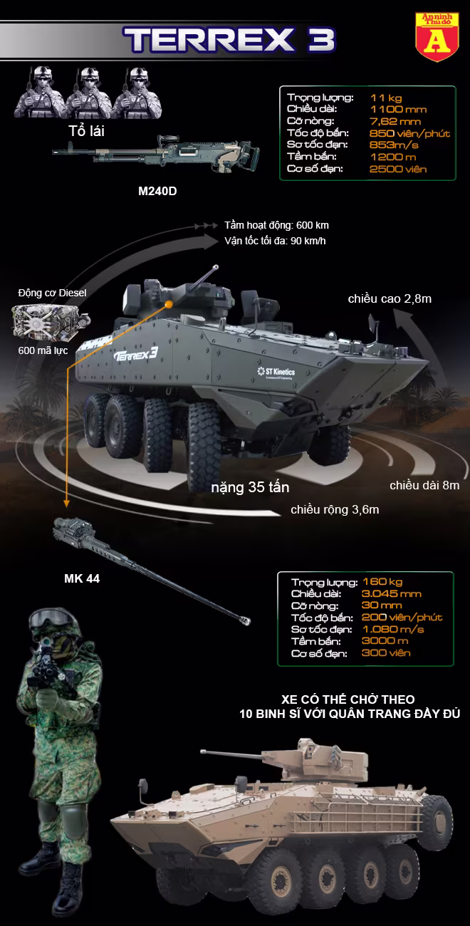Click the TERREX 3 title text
(x=229, y=40)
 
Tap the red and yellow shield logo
(x=437, y=36)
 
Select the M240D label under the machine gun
(x=157, y=191)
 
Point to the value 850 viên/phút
(x=409, y=133)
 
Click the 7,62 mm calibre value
(x=395, y=121)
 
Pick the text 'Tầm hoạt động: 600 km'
(x=276, y=225)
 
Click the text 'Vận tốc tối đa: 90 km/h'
(x=275, y=241)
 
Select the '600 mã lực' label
(x=43, y=350)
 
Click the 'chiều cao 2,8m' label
(x=390, y=299)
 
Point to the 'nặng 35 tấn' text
(x=250, y=487)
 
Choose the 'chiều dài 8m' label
(x=424, y=485)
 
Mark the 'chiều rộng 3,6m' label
(x=335, y=510)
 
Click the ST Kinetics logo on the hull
(x=276, y=372)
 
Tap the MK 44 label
(x=82, y=578)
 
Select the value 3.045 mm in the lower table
(x=392, y=594)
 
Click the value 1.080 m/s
(x=393, y=629)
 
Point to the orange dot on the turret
(x=169, y=304)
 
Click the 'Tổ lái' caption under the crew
(x=86, y=131)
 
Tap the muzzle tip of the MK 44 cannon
(x=247, y=621)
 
